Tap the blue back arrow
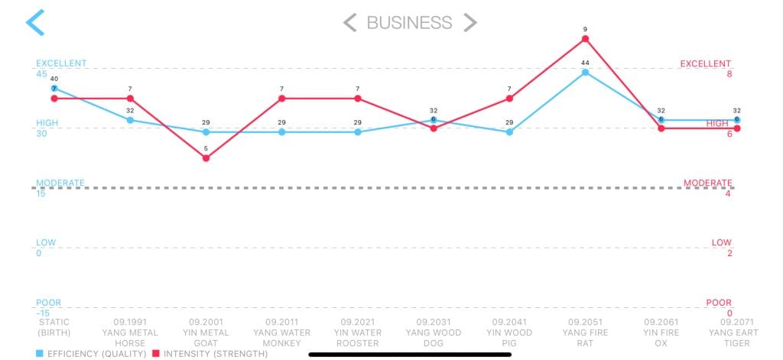coord(35,22)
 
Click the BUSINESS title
coord(409,22)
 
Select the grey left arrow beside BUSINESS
coord(349,22)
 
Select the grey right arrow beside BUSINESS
coord(469,22)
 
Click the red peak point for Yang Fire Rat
coord(585,39)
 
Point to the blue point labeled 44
coord(585,73)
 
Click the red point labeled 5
coord(206,158)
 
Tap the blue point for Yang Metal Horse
coord(130,120)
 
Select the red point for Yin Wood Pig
coord(509,99)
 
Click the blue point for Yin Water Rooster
coord(357,132)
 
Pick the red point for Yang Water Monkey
coord(281,99)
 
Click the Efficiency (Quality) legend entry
coord(91,354)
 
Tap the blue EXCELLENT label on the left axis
coord(61,63)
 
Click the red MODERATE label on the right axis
coord(707,183)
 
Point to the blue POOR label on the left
coord(48,303)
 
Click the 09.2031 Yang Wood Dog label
coord(434,332)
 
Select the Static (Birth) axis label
coord(54,327)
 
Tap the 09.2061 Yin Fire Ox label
coord(661,332)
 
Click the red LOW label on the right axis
coord(721,242)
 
